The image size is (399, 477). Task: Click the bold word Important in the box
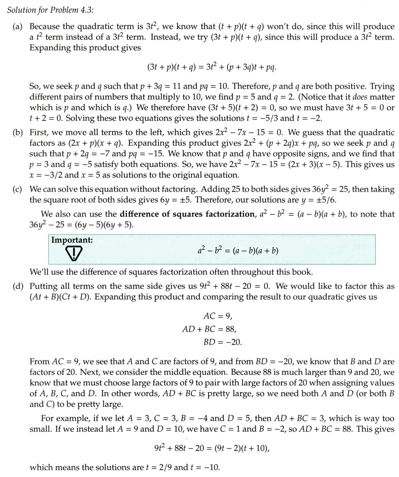pyautogui.click(x=72, y=240)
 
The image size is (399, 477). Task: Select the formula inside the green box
pyautogui.click(x=238, y=251)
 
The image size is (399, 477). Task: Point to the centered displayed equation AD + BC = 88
pyautogui.click(x=209, y=329)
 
